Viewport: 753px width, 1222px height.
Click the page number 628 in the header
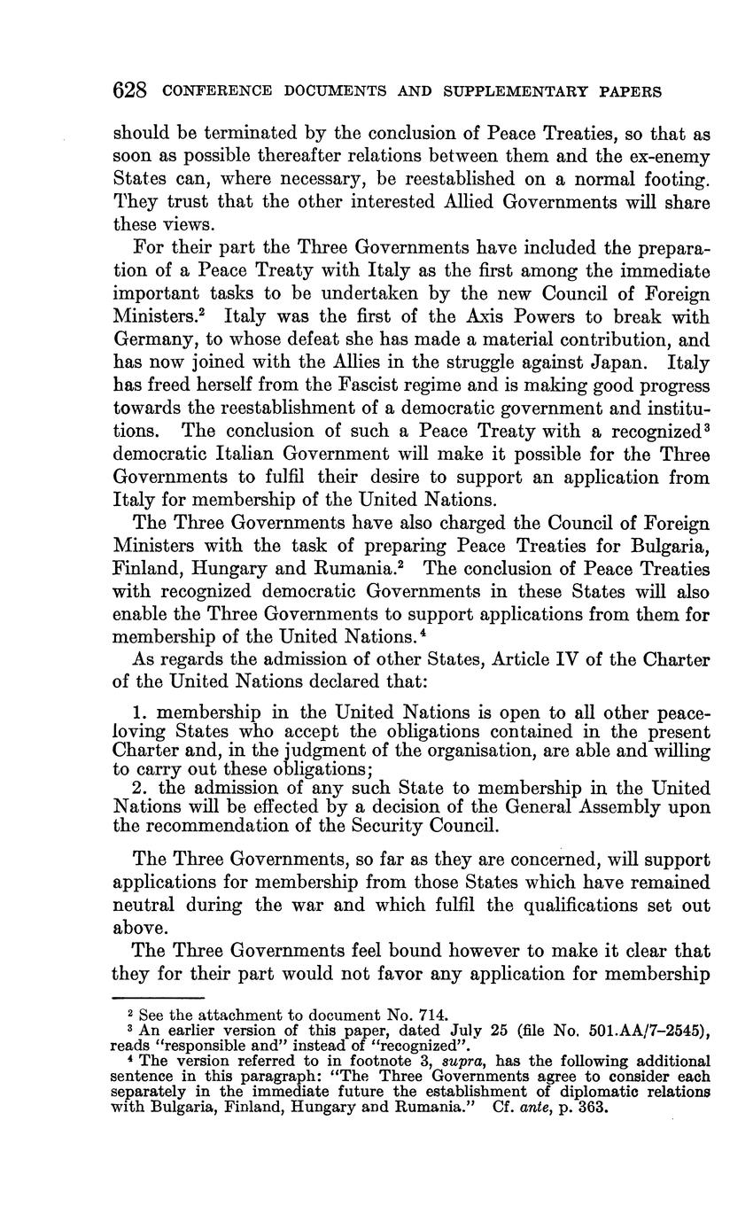click(x=129, y=90)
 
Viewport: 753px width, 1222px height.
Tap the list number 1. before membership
click(x=139, y=713)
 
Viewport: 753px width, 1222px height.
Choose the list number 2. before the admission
click(x=139, y=788)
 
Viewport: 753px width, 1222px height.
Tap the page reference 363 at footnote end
click(x=594, y=1108)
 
